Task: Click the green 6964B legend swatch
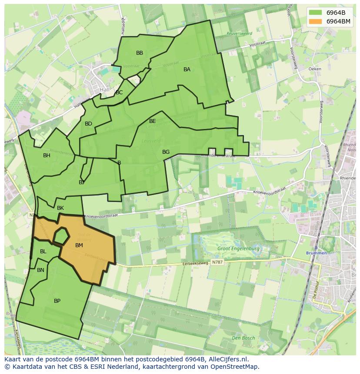315,13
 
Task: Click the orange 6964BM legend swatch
315,21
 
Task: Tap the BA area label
187,70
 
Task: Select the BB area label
140,53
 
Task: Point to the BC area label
119,93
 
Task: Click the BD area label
88,124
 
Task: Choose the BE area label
153,121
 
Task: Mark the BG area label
166,152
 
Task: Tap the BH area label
47,156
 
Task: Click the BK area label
60,208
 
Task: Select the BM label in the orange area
79,245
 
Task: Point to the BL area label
43,252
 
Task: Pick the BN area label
40,270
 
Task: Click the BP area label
57,301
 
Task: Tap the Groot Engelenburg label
238,249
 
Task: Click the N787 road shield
217,263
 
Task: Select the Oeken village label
315,69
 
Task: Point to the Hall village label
105,89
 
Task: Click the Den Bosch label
243,338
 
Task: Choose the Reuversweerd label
239,33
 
